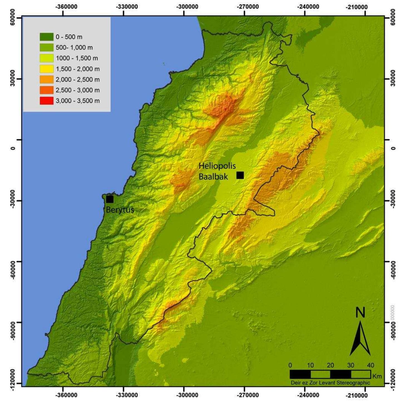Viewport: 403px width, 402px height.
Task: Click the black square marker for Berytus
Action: click(110, 199)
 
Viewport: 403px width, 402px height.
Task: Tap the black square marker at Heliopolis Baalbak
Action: click(240, 175)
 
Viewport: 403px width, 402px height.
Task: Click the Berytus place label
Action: click(120, 209)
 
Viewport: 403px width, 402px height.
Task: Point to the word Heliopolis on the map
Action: click(217, 166)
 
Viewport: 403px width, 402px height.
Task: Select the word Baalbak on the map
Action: click(213, 176)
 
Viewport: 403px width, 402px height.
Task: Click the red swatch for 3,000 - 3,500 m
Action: click(46, 101)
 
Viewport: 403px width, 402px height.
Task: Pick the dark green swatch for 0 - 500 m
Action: click(46, 37)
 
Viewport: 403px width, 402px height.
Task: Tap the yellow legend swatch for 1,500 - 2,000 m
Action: click(46, 69)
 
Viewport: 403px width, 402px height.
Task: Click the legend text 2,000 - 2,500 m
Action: click(78, 80)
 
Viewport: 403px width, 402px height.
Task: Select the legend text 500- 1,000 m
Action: click(74, 48)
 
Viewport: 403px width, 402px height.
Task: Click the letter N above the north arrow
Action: click(360, 313)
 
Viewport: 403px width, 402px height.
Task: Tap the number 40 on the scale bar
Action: click(370, 365)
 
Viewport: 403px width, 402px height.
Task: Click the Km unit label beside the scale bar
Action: click(377, 376)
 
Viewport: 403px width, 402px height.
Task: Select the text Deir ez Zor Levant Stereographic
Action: click(330, 383)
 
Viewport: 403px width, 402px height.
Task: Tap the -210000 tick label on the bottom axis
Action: click(357, 395)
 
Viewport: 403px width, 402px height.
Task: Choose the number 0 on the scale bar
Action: click(290, 365)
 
